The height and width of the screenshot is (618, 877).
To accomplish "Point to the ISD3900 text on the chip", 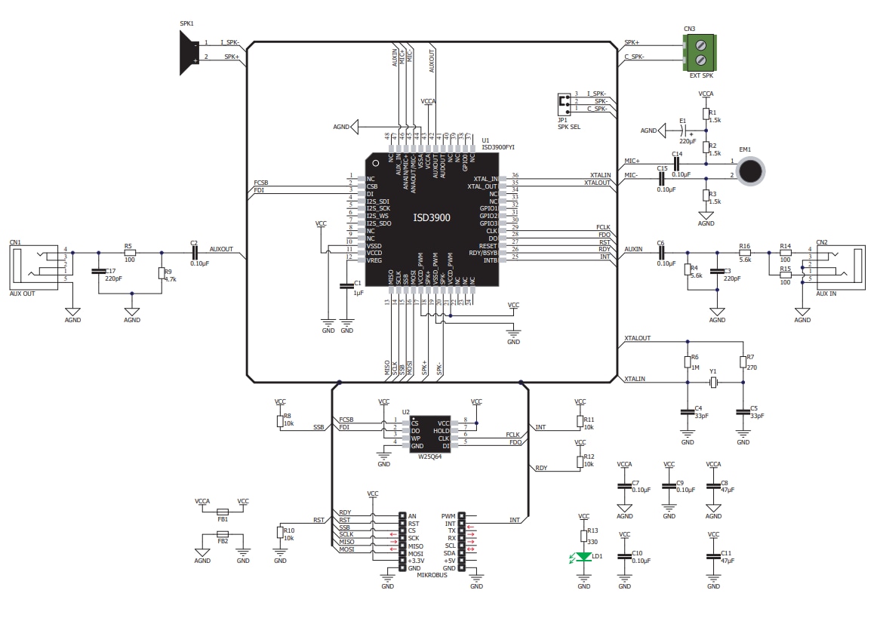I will (431, 217).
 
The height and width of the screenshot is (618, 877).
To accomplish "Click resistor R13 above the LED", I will (583, 536).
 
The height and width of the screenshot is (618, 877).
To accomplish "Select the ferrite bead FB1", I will (223, 510).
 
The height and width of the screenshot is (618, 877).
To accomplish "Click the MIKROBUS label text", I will (432, 575).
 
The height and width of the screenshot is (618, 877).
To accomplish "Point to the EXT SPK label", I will (700, 75).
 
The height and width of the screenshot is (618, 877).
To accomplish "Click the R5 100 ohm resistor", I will (129, 253).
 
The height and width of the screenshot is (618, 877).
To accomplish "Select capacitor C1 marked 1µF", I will (346, 286).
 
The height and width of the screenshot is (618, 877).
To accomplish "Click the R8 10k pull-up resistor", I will (279, 420).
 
